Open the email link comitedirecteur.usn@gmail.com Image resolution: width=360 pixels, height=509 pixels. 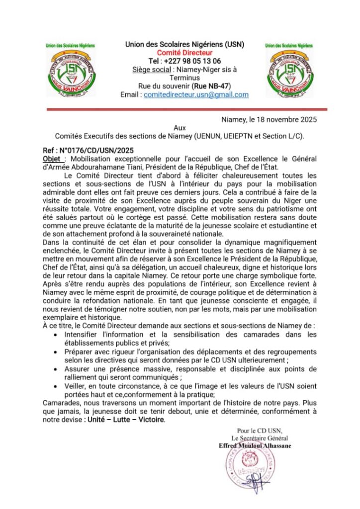pos(196,94)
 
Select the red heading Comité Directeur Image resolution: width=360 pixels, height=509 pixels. pos(184,53)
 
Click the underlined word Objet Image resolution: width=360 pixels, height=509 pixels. pos(52,158)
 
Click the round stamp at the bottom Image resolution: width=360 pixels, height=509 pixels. pos(252,469)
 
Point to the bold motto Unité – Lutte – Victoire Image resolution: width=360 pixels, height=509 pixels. pos(124,420)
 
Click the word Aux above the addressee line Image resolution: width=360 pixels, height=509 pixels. pos(180,128)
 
